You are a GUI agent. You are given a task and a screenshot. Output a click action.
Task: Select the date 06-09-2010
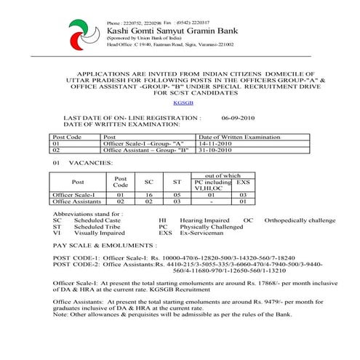point(238,116)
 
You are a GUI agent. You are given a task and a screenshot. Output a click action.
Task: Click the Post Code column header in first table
point(66,137)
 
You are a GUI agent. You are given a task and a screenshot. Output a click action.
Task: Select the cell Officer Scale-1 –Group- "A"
point(143,144)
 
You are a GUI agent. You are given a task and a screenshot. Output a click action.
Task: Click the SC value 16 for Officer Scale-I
point(148,196)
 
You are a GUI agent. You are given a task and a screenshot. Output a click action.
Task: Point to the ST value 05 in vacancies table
point(177,196)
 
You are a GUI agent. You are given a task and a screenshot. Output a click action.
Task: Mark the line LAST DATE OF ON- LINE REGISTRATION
point(132,116)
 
